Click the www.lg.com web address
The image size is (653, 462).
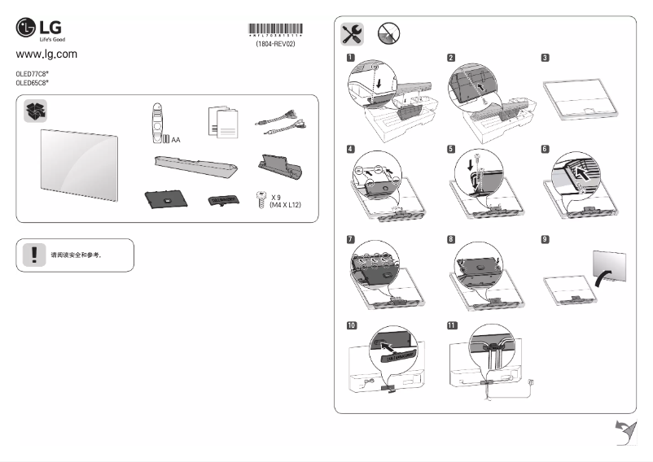pyautogui.click(x=46, y=54)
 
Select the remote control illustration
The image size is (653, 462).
pyautogui.click(x=158, y=121)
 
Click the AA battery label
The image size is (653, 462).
pyautogui.click(x=176, y=140)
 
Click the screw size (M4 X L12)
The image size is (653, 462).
pyautogui.click(x=286, y=207)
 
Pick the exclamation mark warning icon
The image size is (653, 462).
pyautogui.click(x=34, y=255)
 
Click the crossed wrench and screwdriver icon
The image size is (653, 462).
pyautogui.click(x=352, y=33)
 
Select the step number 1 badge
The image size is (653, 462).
pyautogui.click(x=350, y=58)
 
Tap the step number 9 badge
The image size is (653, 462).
pyautogui.click(x=545, y=239)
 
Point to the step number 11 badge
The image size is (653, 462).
pyautogui.click(x=452, y=325)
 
